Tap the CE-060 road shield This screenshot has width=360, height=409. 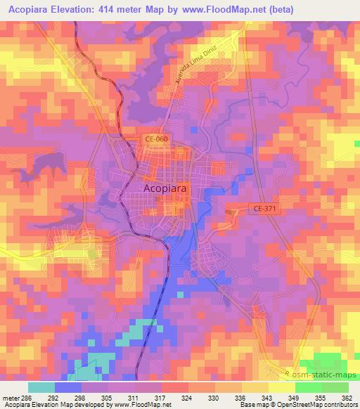(x=156, y=139)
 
